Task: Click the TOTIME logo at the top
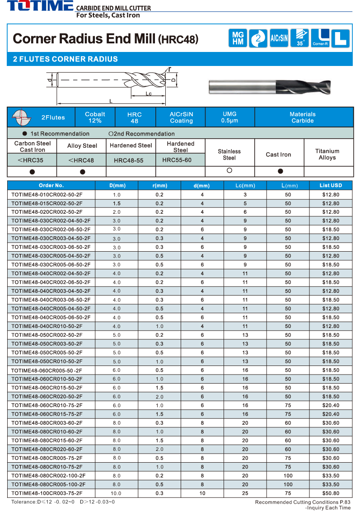pos(40,6)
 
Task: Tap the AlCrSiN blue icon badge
pos(279,38)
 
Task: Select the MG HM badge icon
pos(238,38)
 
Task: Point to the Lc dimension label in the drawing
pos(149,94)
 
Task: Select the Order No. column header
pos(51,185)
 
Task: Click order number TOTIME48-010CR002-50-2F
pos(47,194)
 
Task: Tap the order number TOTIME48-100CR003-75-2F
pos(47,493)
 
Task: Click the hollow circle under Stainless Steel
pos(229,170)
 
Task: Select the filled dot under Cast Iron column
pos(280,171)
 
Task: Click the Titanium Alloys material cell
pos(327,155)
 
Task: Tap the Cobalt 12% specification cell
pos(95,117)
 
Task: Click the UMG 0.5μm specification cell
pos(229,117)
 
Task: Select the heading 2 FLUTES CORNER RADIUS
pos(65,59)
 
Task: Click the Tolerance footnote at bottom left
pos(63,502)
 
